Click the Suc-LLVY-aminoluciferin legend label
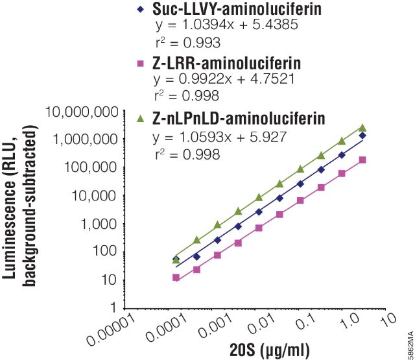point(226,10)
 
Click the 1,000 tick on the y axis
point(103,224)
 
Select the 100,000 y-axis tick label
point(93,167)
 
